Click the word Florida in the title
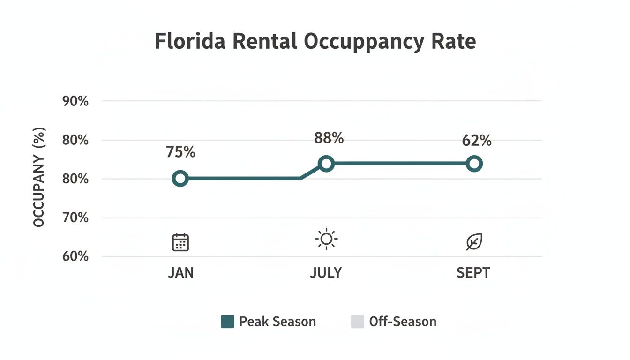point(190,41)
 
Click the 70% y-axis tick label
point(75,218)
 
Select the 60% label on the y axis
point(75,256)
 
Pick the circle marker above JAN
point(180,179)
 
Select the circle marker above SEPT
point(474,164)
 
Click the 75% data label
point(180,152)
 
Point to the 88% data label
point(329,138)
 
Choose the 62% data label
point(476,140)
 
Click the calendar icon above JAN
point(180,242)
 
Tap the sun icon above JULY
point(326,240)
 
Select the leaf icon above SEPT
point(474,242)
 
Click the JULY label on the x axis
point(326,273)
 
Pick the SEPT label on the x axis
point(473,273)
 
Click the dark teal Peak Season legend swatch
point(227,322)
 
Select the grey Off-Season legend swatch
point(357,322)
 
